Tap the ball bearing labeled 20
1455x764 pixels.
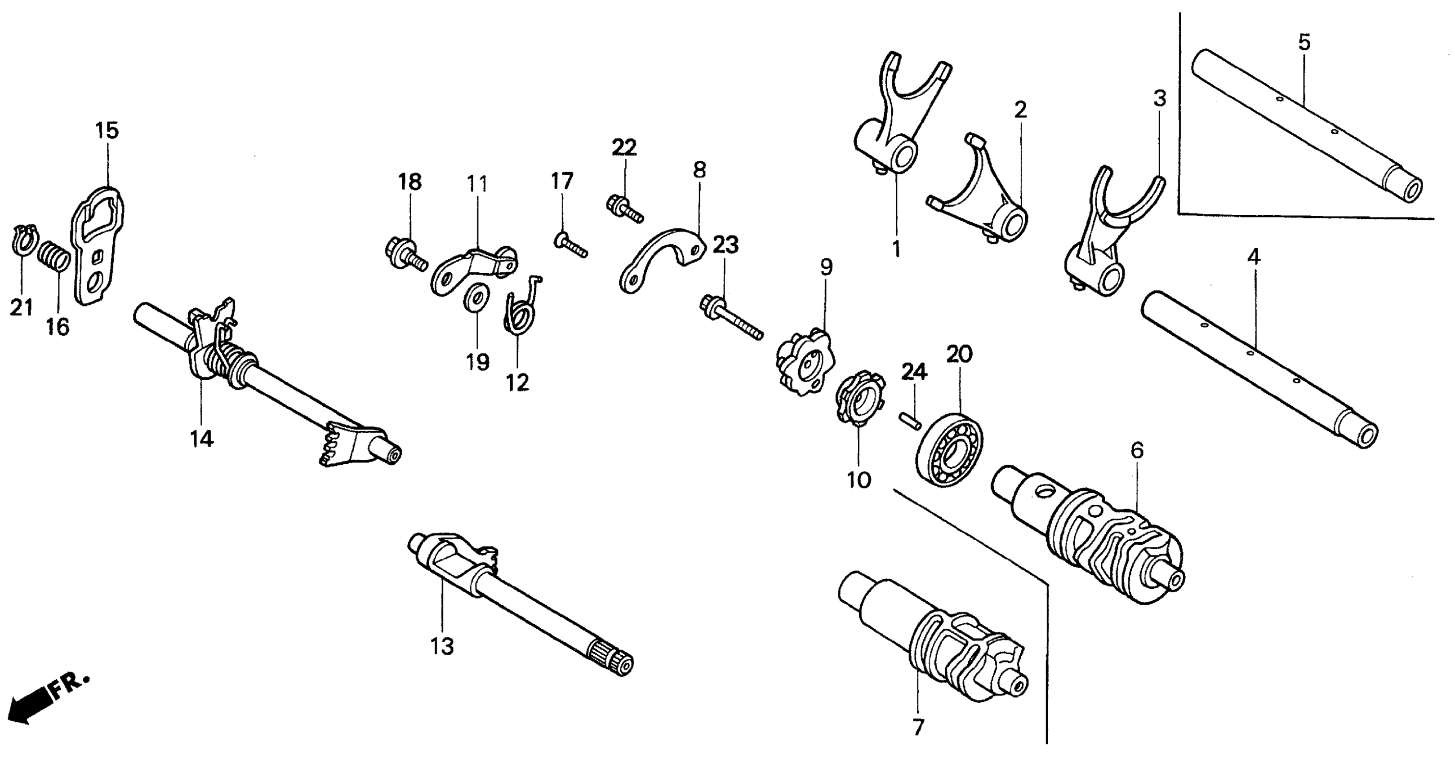[949, 449]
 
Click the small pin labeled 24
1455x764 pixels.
[910, 421]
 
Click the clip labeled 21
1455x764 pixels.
[22, 240]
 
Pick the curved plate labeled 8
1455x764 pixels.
[661, 257]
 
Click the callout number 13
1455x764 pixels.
[442, 646]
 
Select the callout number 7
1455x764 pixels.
[918, 727]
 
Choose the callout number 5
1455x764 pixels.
[1304, 42]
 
